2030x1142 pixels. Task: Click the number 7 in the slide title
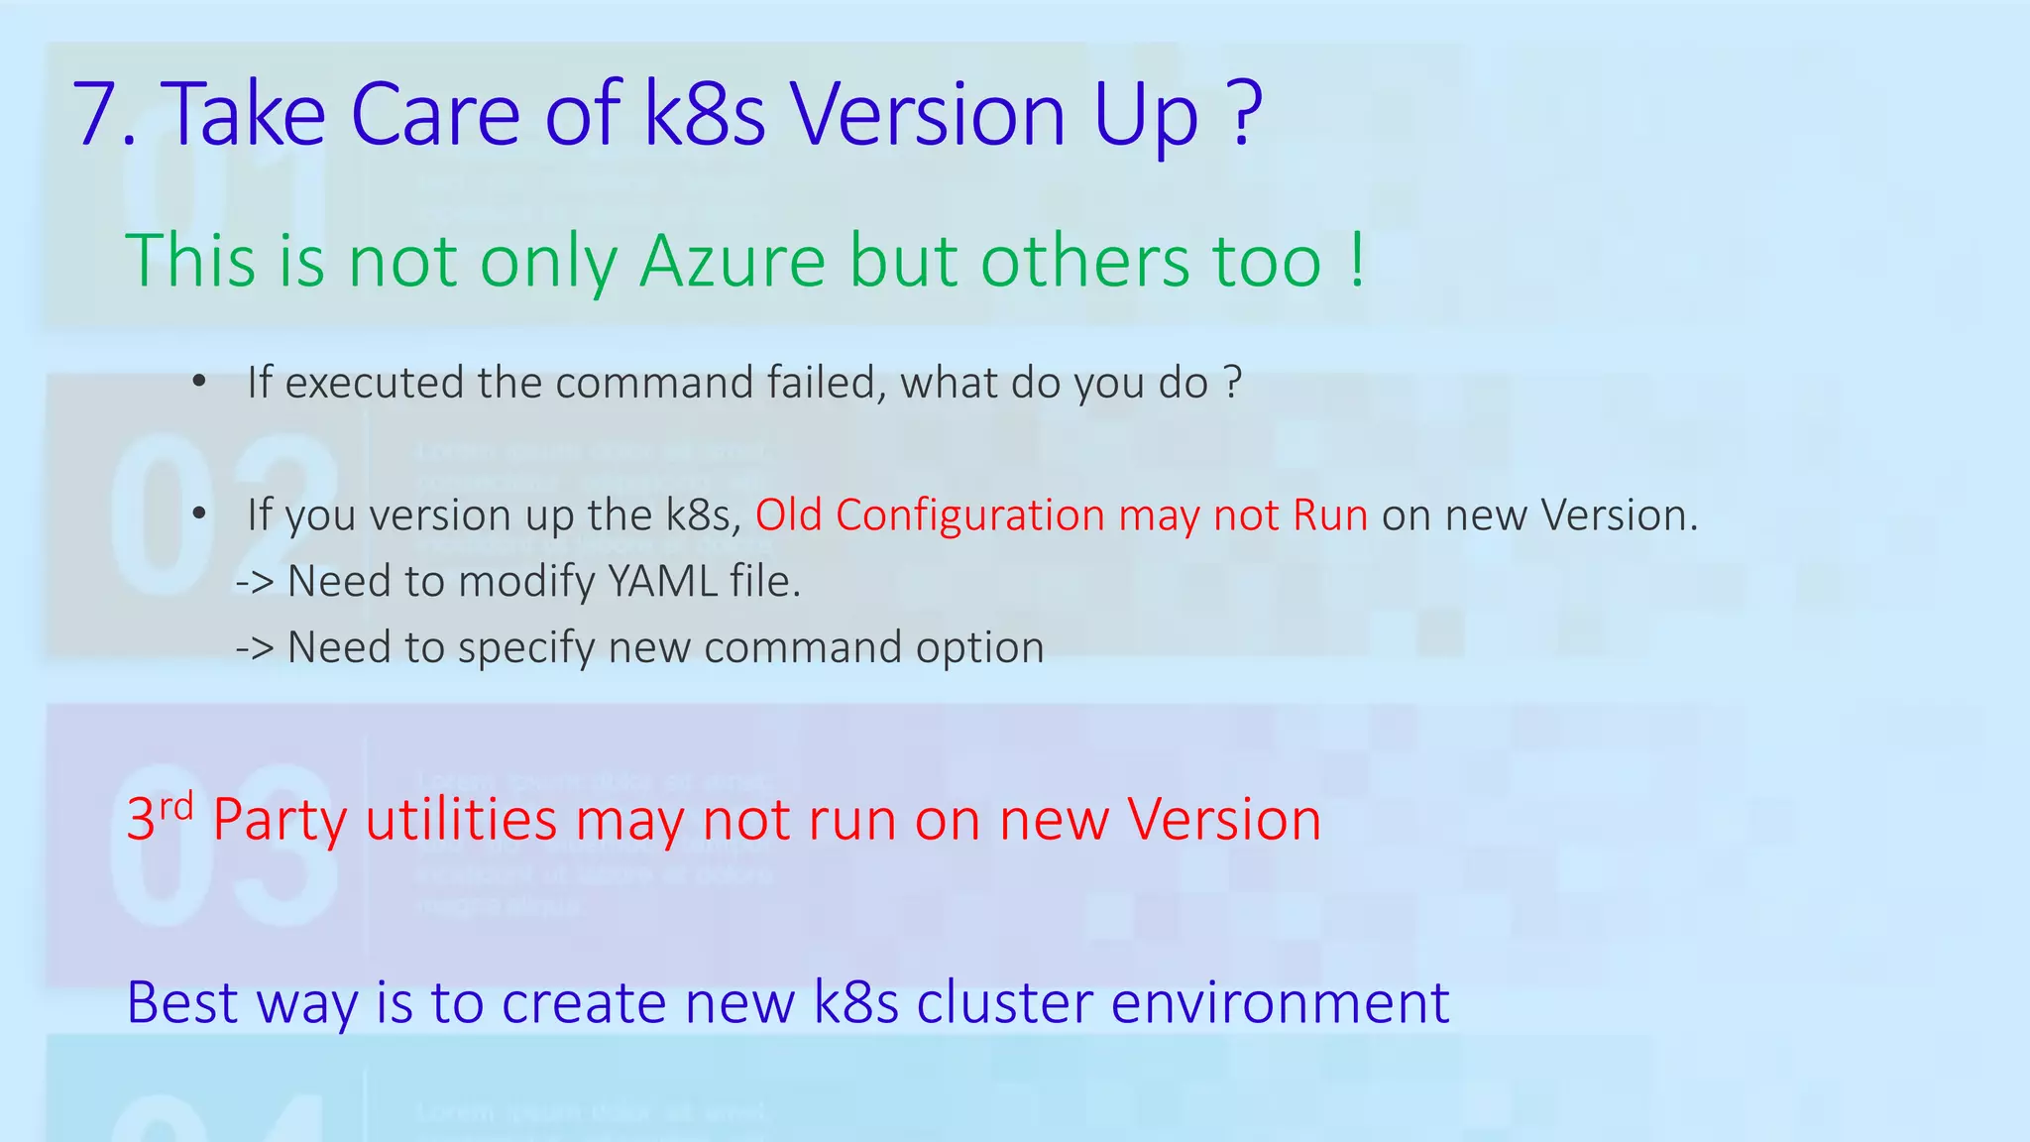click(98, 115)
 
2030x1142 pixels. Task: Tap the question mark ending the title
click(1244, 115)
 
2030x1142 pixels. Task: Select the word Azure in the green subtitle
click(732, 262)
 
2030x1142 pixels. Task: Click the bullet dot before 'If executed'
click(199, 383)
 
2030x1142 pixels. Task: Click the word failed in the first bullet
click(826, 383)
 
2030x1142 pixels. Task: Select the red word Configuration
click(969, 515)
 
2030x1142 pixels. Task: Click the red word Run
click(1330, 515)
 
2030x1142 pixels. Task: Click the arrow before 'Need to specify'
click(255, 648)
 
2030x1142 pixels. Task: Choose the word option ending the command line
click(979, 648)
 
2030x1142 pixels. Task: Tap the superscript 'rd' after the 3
click(176, 807)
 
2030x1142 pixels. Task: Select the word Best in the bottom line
click(182, 1002)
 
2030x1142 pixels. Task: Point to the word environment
click(1280, 1002)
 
